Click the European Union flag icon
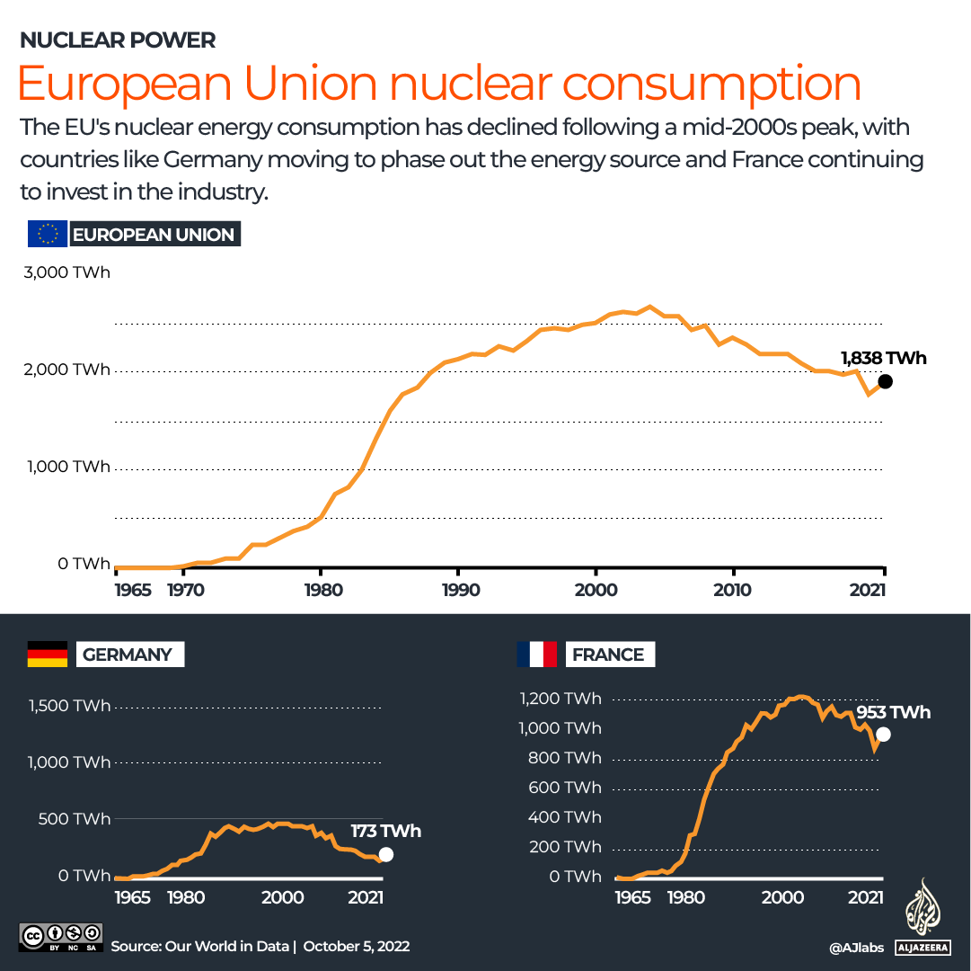[x=47, y=234]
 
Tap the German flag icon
[x=48, y=654]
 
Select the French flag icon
[x=536, y=654]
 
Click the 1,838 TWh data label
[x=883, y=359]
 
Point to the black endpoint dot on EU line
[x=885, y=381]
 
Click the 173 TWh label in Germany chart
[x=385, y=831]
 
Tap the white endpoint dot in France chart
[x=883, y=735]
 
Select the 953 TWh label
[x=893, y=713]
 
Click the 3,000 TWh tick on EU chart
[x=66, y=272]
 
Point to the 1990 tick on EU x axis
[x=458, y=590]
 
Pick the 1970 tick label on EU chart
[x=183, y=590]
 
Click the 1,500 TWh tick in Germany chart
[x=69, y=706]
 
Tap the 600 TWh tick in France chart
[x=560, y=787]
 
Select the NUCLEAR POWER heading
[x=118, y=40]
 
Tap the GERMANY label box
[x=127, y=654]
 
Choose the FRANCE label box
[x=608, y=654]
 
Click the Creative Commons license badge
[x=60, y=936]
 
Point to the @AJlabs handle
[x=857, y=947]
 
